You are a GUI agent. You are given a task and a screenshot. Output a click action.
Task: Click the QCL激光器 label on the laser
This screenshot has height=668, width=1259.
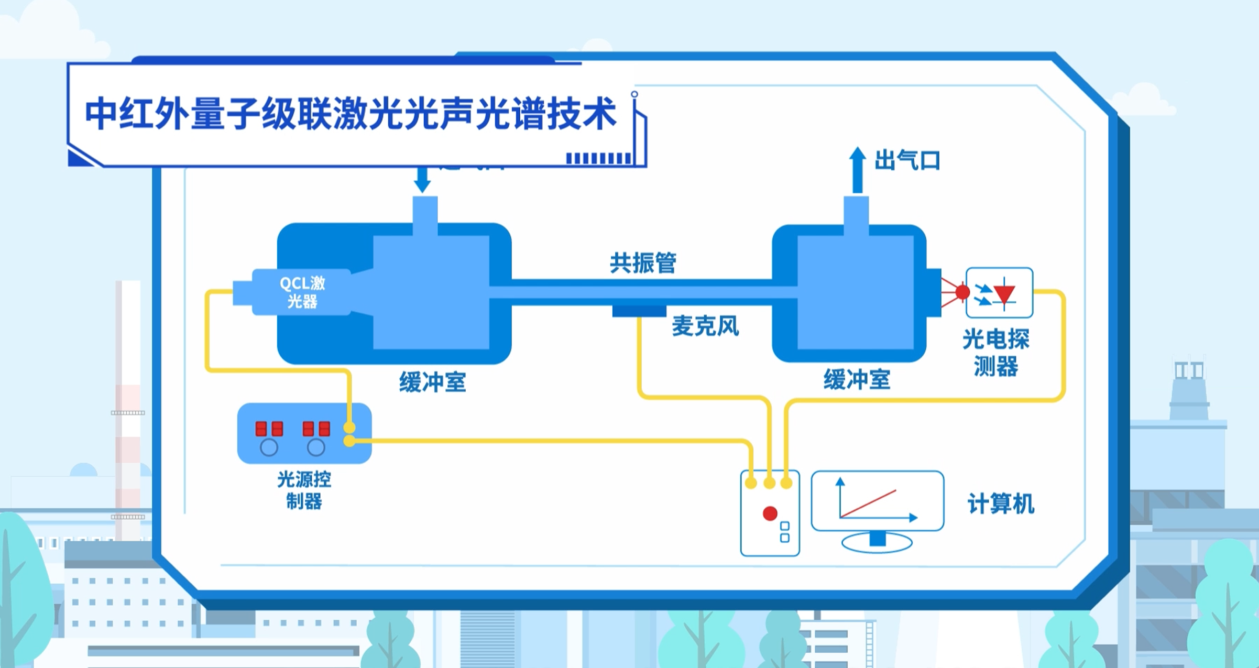[x=302, y=292]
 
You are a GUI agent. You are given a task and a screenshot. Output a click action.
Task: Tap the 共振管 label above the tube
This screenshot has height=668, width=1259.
[x=643, y=262]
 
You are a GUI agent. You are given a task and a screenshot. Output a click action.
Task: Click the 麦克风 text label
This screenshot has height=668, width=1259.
[x=705, y=326]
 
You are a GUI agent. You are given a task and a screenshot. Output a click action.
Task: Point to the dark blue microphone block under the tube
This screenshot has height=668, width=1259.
[x=639, y=311]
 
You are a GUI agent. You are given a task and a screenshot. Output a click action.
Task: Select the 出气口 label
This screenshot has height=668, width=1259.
[x=907, y=160]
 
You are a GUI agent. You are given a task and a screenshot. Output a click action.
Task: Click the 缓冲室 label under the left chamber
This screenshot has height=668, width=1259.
[x=432, y=382]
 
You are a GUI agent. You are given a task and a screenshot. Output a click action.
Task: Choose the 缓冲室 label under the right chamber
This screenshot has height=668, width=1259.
[x=857, y=379]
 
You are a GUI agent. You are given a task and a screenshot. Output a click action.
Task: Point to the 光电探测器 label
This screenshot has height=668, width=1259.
[x=995, y=353]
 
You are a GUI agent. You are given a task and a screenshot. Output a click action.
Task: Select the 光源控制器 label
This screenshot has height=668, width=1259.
[x=304, y=490]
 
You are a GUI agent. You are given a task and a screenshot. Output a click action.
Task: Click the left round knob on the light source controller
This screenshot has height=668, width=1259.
[x=269, y=447]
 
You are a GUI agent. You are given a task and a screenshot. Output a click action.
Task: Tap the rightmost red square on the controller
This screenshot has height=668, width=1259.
[x=325, y=429]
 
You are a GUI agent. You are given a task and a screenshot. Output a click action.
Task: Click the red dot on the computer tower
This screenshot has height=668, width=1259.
[x=770, y=513]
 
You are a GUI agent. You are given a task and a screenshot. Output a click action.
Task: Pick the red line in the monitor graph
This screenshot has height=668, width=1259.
[x=868, y=504]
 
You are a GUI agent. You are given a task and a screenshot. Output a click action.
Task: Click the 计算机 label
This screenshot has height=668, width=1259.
[x=1000, y=504]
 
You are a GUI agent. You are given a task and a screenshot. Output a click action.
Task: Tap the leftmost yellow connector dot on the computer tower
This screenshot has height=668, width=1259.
[x=751, y=483]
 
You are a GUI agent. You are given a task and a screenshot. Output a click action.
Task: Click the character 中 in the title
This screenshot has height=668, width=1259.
[x=100, y=114]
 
